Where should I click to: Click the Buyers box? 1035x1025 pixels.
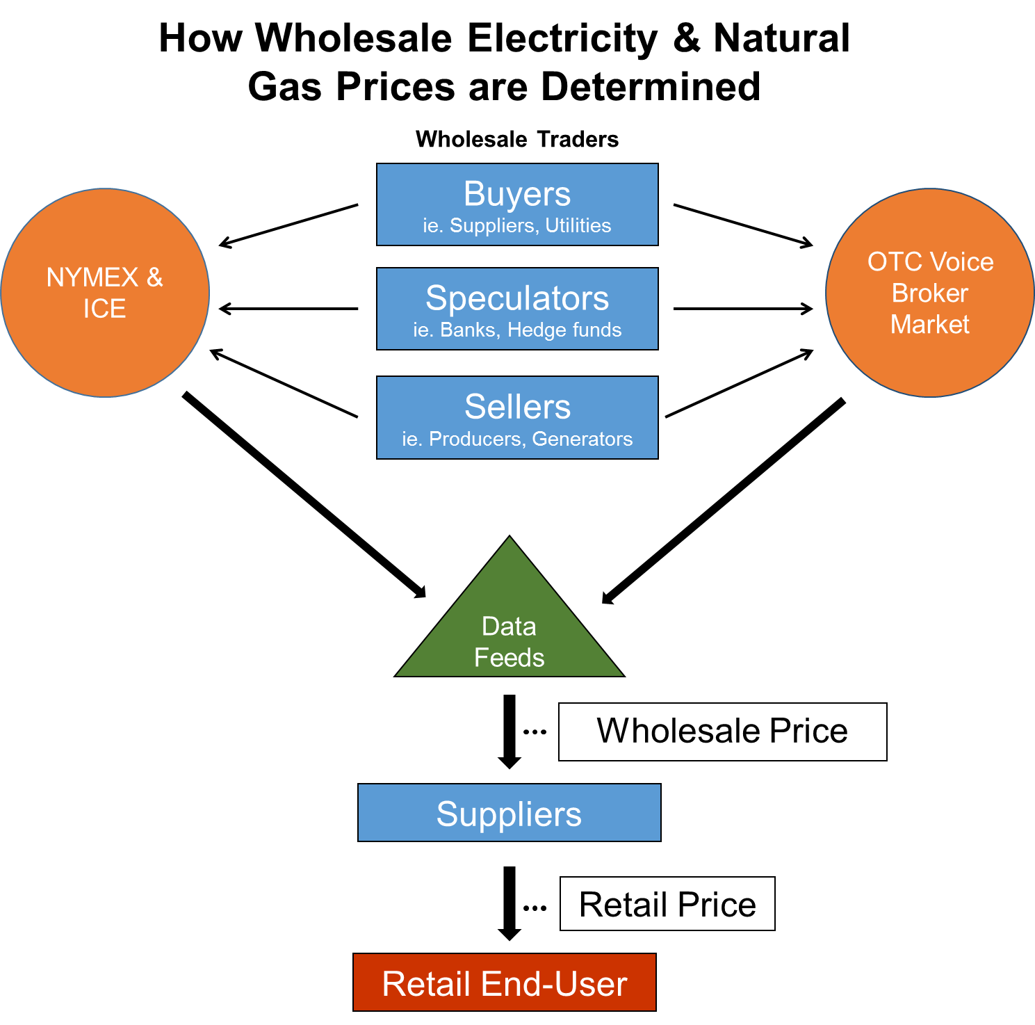pyautogui.click(x=517, y=204)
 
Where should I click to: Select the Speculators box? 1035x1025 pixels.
pyautogui.click(x=517, y=309)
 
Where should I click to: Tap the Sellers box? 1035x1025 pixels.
pyautogui.click(x=517, y=417)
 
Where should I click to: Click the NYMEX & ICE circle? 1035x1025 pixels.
pyautogui.click(x=105, y=293)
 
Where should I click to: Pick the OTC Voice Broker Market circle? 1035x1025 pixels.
pyautogui.click(x=929, y=293)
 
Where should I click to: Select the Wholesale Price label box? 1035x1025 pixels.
pyautogui.click(x=722, y=732)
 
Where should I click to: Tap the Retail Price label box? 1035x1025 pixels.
pyautogui.click(x=667, y=904)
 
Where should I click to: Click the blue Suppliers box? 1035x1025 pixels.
pyautogui.click(x=509, y=813)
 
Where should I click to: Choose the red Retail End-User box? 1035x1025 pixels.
pyautogui.click(x=505, y=983)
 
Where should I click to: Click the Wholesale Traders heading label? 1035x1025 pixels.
pyautogui.click(x=517, y=140)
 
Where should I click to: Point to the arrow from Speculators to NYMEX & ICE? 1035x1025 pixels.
pyautogui.click(x=288, y=309)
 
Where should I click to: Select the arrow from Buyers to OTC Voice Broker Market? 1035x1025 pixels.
pyautogui.click(x=742, y=225)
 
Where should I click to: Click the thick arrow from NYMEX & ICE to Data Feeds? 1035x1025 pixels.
pyautogui.click(x=304, y=494)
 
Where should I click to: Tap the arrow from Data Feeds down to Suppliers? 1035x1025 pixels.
pyautogui.click(x=510, y=730)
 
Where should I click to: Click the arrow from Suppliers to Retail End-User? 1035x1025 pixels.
pyautogui.click(x=510, y=903)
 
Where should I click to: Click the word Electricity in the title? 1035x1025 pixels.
pyautogui.click(x=562, y=38)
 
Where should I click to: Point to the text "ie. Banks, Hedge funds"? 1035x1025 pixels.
pyautogui.click(x=517, y=330)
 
